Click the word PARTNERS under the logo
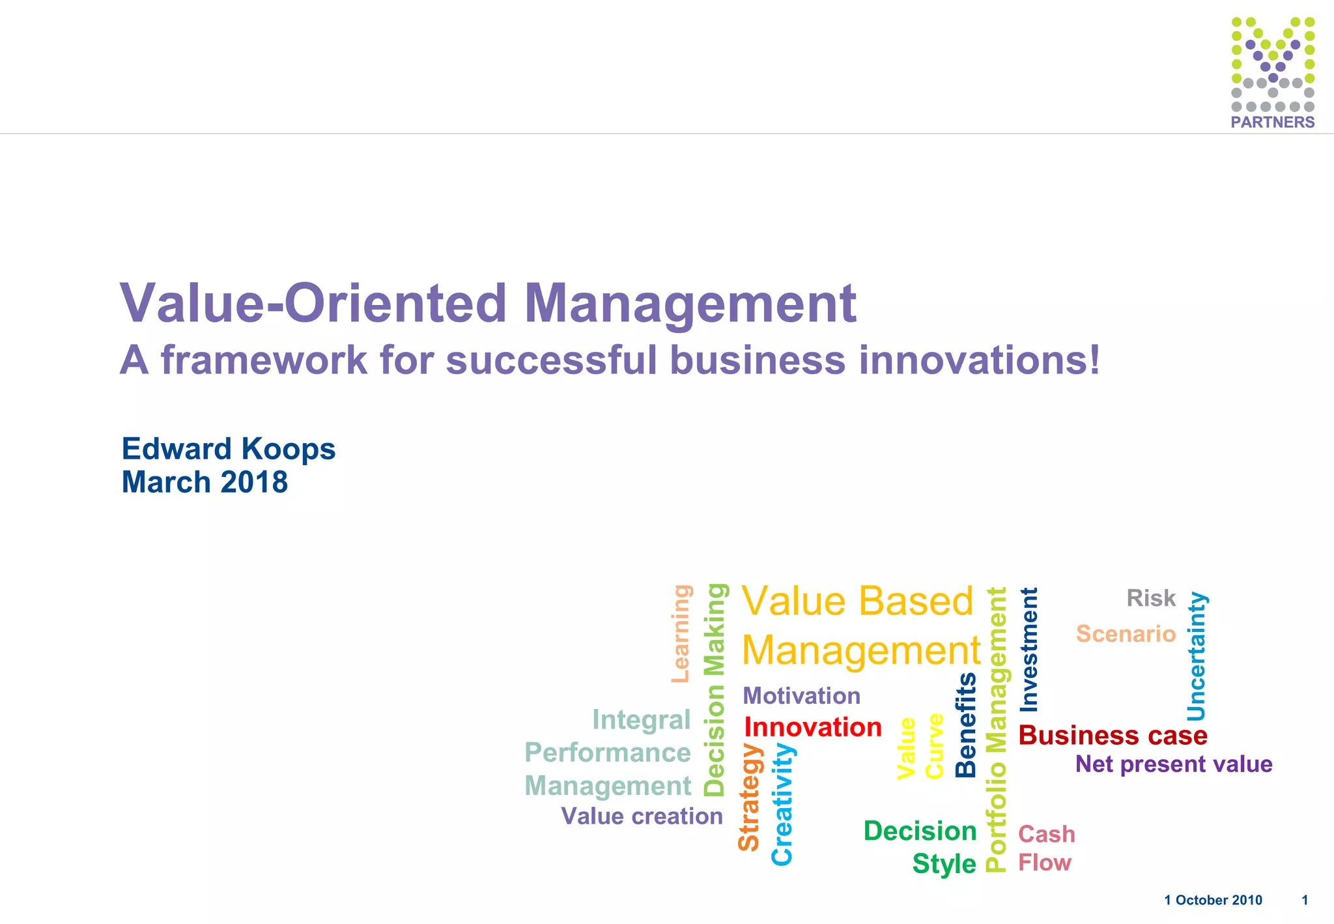[x=1272, y=122]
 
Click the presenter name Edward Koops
[x=229, y=449]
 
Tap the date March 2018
[x=205, y=482]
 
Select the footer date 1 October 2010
[x=1213, y=900]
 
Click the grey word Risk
[x=1151, y=598]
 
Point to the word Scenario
[x=1126, y=633]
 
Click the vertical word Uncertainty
[x=1197, y=656]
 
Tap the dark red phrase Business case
[x=1113, y=735]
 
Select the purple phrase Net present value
[x=1174, y=764]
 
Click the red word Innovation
[x=813, y=727]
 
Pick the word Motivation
[x=801, y=695]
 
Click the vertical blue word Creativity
[x=782, y=804]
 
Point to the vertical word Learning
[x=681, y=633]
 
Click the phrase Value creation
[x=642, y=816]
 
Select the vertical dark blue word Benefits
[x=965, y=725]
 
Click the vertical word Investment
[x=1029, y=650]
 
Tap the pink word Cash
[x=1046, y=834]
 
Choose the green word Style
[x=944, y=864]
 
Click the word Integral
[x=641, y=719]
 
